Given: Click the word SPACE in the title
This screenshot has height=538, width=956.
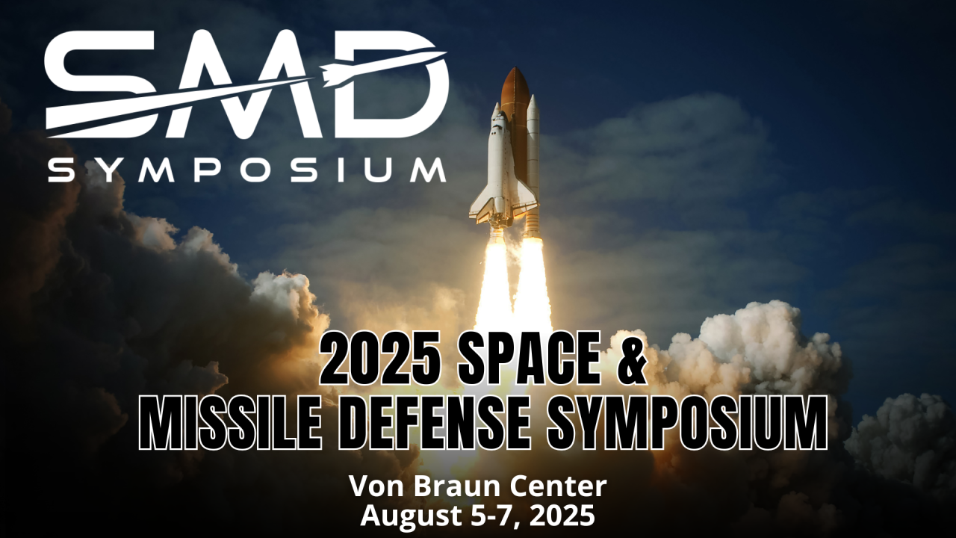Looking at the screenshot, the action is pyautogui.click(x=530, y=359).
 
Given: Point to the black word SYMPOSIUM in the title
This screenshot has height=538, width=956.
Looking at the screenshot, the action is pyautogui.click(x=687, y=423).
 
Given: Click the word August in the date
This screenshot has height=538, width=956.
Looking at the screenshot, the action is pyautogui.click(x=408, y=516).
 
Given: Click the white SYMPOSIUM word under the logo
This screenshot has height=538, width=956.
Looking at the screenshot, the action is pyautogui.click(x=247, y=170).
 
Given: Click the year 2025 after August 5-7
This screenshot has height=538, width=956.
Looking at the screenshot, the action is pyautogui.click(x=563, y=516).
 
